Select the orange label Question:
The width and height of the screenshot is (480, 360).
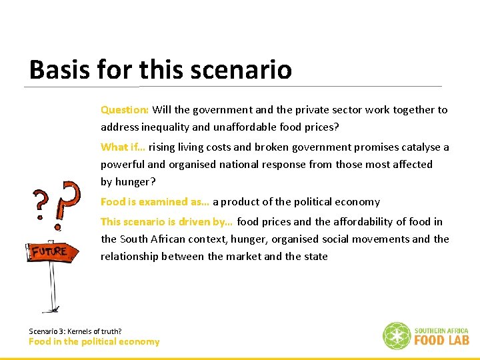pos(125,109)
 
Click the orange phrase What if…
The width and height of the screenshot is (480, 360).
pos(123,147)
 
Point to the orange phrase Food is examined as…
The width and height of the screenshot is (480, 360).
pos(155,201)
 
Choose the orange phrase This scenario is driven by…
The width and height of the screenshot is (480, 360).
pos(167,221)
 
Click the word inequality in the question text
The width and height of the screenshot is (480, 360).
pos(168,127)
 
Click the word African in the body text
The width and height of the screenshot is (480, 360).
pos(167,239)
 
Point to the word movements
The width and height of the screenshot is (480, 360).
pos(377,239)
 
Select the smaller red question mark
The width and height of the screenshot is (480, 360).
pos(43,203)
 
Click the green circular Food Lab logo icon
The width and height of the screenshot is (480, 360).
pos(396,335)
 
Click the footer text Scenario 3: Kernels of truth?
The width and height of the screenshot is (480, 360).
pos(75,331)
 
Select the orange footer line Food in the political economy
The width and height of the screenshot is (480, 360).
pos(94,341)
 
